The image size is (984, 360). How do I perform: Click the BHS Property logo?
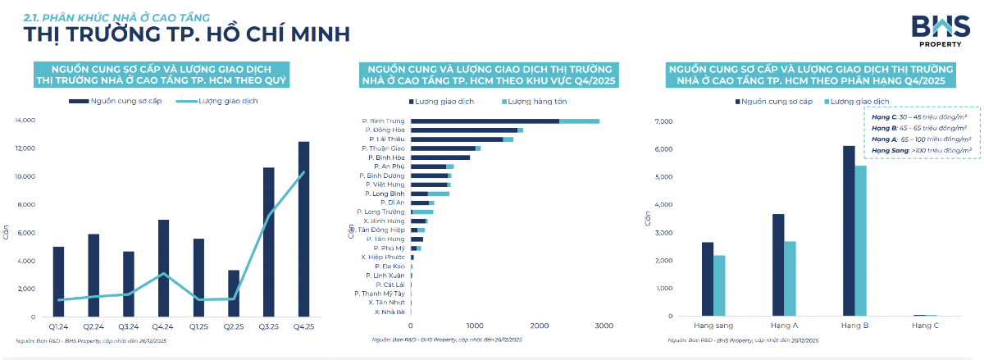click(x=935, y=30)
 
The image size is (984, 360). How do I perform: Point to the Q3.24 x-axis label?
click(x=128, y=326)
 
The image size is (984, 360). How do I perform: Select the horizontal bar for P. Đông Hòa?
click(x=467, y=130)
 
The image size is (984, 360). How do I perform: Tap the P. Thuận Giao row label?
click(x=384, y=148)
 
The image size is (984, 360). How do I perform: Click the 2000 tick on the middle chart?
click(x=539, y=326)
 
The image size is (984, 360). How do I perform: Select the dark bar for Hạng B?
click(x=848, y=230)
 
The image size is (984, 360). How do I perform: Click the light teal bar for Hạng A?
click(x=790, y=278)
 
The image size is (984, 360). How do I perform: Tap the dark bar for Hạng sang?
click(x=708, y=279)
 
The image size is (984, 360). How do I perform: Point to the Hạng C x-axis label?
click(x=925, y=326)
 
